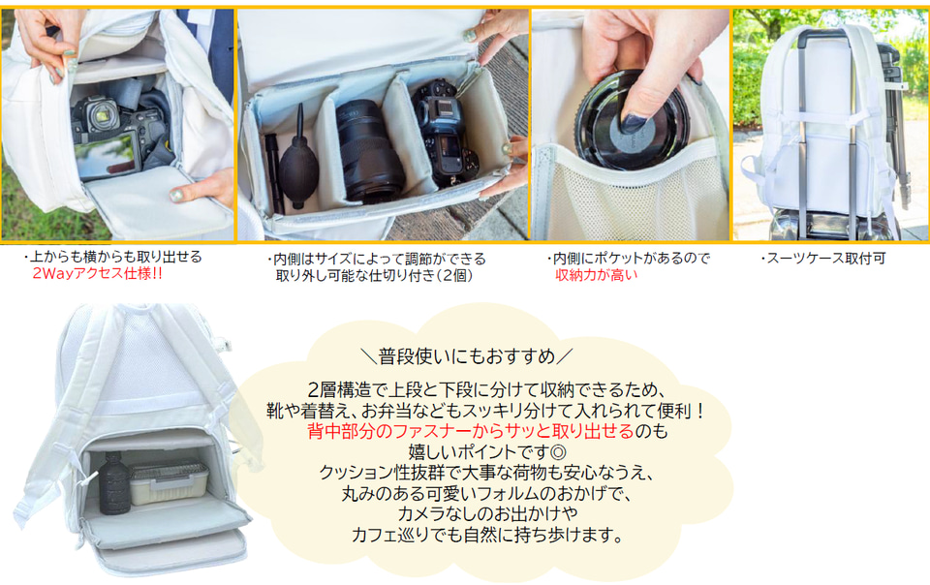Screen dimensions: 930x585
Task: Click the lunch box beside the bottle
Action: (169, 483)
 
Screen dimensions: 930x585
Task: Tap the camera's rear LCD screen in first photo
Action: (108, 155)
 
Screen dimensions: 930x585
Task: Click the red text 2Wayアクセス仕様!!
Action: (97, 274)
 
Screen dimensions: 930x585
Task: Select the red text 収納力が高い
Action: (596, 275)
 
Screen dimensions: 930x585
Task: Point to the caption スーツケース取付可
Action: (822, 259)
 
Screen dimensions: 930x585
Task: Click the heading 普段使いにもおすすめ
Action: (467, 356)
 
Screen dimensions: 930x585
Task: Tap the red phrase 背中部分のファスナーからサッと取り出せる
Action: (471, 431)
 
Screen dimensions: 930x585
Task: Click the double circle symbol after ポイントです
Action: (558, 452)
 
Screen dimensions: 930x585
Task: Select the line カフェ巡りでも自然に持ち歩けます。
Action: (487, 536)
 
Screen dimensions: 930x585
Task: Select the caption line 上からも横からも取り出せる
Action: (115, 258)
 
